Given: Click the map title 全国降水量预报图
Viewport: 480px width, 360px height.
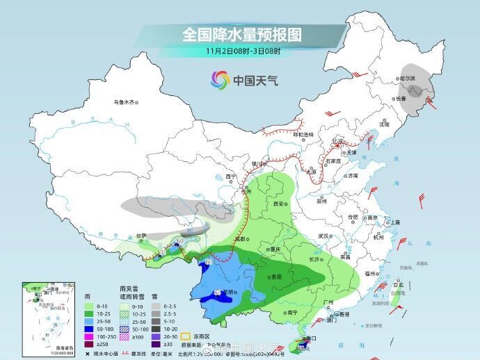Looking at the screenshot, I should (x=241, y=34).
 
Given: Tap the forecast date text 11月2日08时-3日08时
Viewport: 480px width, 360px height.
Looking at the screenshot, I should (x=242, y=51).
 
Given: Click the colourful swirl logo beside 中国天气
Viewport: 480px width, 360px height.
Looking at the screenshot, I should (x=221, y=80).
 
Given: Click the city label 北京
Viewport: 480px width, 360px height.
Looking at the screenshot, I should (x=338, y=142).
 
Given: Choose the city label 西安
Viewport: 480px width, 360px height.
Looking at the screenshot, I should (x=280, y=204).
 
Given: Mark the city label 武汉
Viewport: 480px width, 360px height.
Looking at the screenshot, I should (x=323, y=236).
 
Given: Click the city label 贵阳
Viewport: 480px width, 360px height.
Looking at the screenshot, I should (x=277, y=276).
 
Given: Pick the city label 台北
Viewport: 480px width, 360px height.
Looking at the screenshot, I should (x=398, y=285).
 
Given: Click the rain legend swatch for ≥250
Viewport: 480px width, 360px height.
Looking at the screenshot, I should (x=88, y=343).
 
